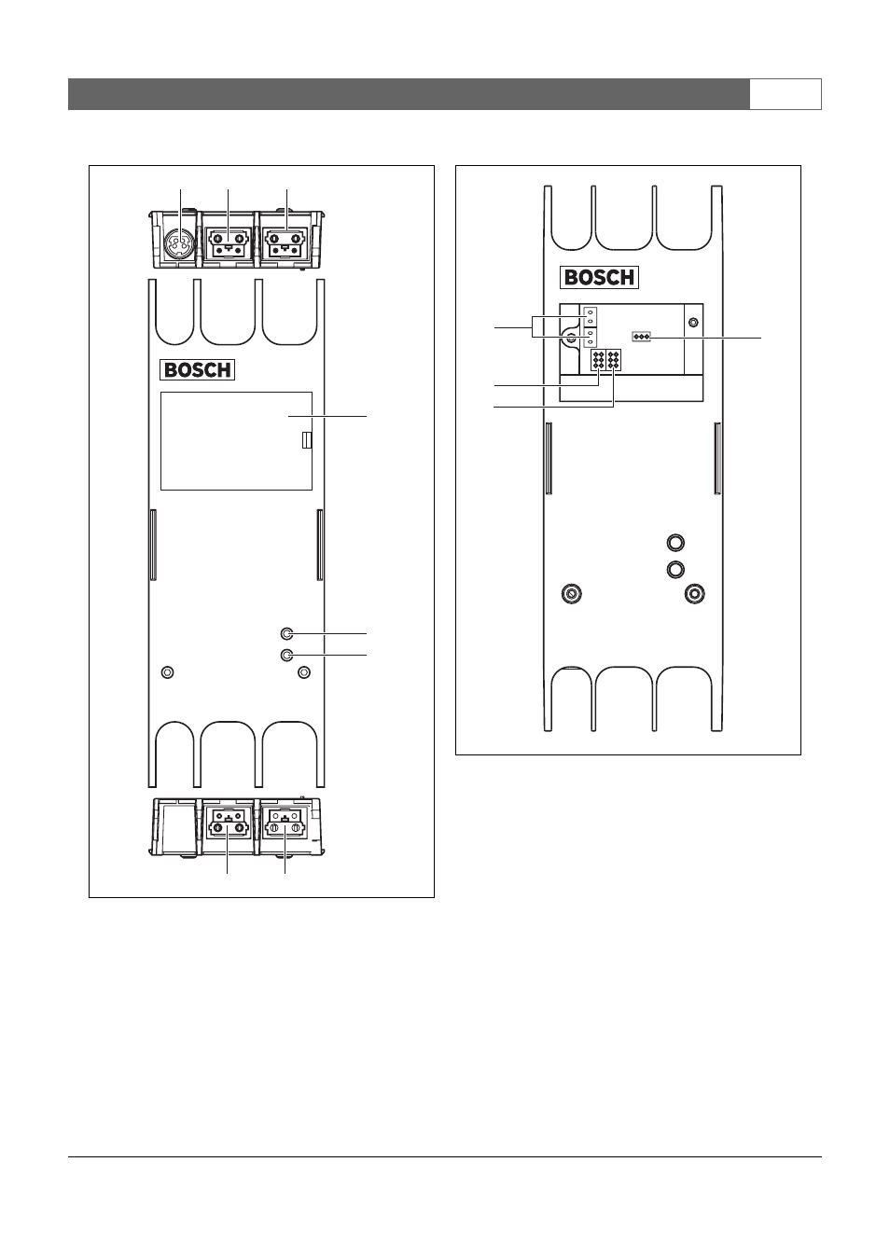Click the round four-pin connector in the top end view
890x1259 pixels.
pyautogui.click(x=179, y=245)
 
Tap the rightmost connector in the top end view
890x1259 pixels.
pyautogui.click(x=286, y=244)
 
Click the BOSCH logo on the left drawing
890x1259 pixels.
pyautogui.click(x=198, y=370)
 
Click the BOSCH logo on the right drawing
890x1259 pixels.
pyautogui.click(x=601, y=277)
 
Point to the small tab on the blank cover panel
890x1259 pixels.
pyautogui.click(x=306, y=440)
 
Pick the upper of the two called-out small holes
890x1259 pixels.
pyautogui.click(x=286, y=634)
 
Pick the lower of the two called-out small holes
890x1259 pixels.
pyautogui.click(x=286, y=656)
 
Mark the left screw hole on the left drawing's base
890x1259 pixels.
pyautogui.click(x=167, y=672)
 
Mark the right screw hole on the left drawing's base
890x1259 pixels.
pyautogui.click(x=304, y=672)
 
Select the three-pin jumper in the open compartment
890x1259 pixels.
pyautogui.click(x=642, y=338)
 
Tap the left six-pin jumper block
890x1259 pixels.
pyautogui.click(x=598, y=360)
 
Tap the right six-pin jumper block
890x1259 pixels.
pyautogui.click(x=613, y=360)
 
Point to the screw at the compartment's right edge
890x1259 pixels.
pyautogui.click(x=694, y=323)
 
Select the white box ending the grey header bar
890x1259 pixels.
pyautogui.click(x=786, y=94)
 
